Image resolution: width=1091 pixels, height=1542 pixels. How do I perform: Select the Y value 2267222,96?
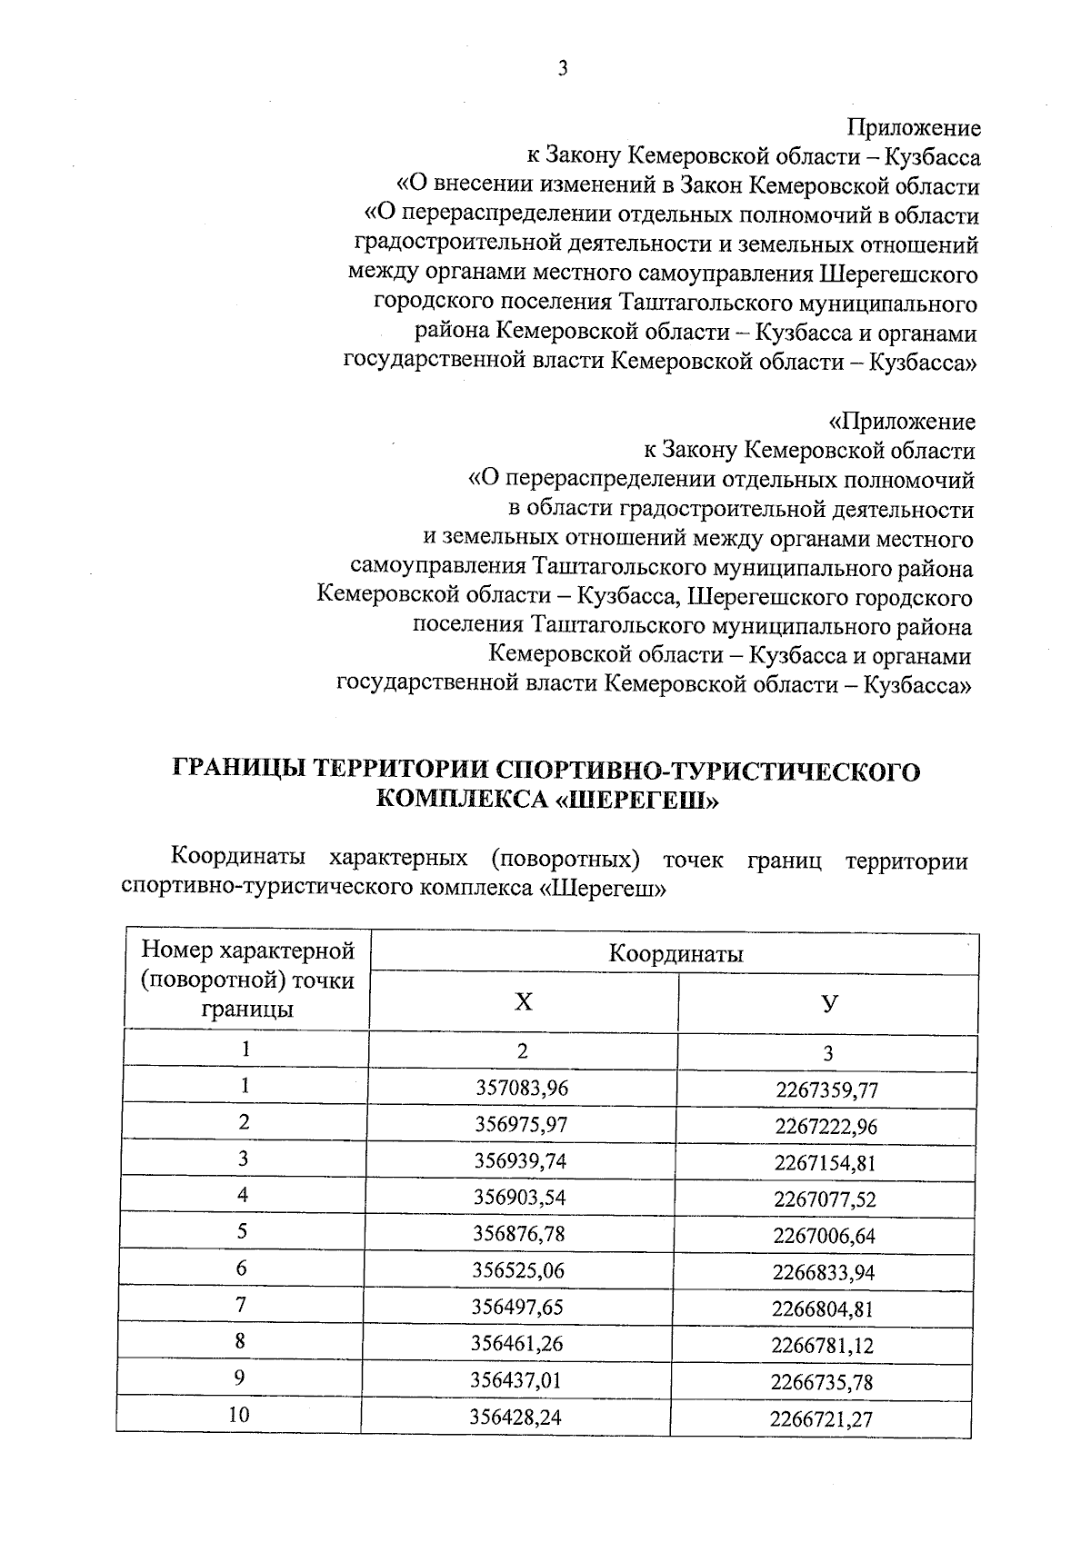click(x=826, y=1127)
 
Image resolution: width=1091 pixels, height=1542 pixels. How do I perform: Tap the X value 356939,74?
click(x=521, y=1160)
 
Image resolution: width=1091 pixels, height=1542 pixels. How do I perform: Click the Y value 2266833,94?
click(x=824, y=1272)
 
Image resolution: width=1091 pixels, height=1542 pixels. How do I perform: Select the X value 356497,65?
click(x=518, y=1307)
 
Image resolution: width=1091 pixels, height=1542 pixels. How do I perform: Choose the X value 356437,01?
click(x=516, y=1380)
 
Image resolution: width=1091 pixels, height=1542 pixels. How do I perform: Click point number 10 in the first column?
click(x=240, y=1415)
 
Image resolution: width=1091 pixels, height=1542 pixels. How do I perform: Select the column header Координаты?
click(x=676, y=954)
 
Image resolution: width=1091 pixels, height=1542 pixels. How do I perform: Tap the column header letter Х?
click(x=523, y=1002)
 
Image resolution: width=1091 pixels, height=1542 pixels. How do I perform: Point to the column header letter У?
click(x=828, y=1003)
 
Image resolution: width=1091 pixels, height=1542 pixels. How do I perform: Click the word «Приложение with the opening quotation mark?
click(x=901, y=422)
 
